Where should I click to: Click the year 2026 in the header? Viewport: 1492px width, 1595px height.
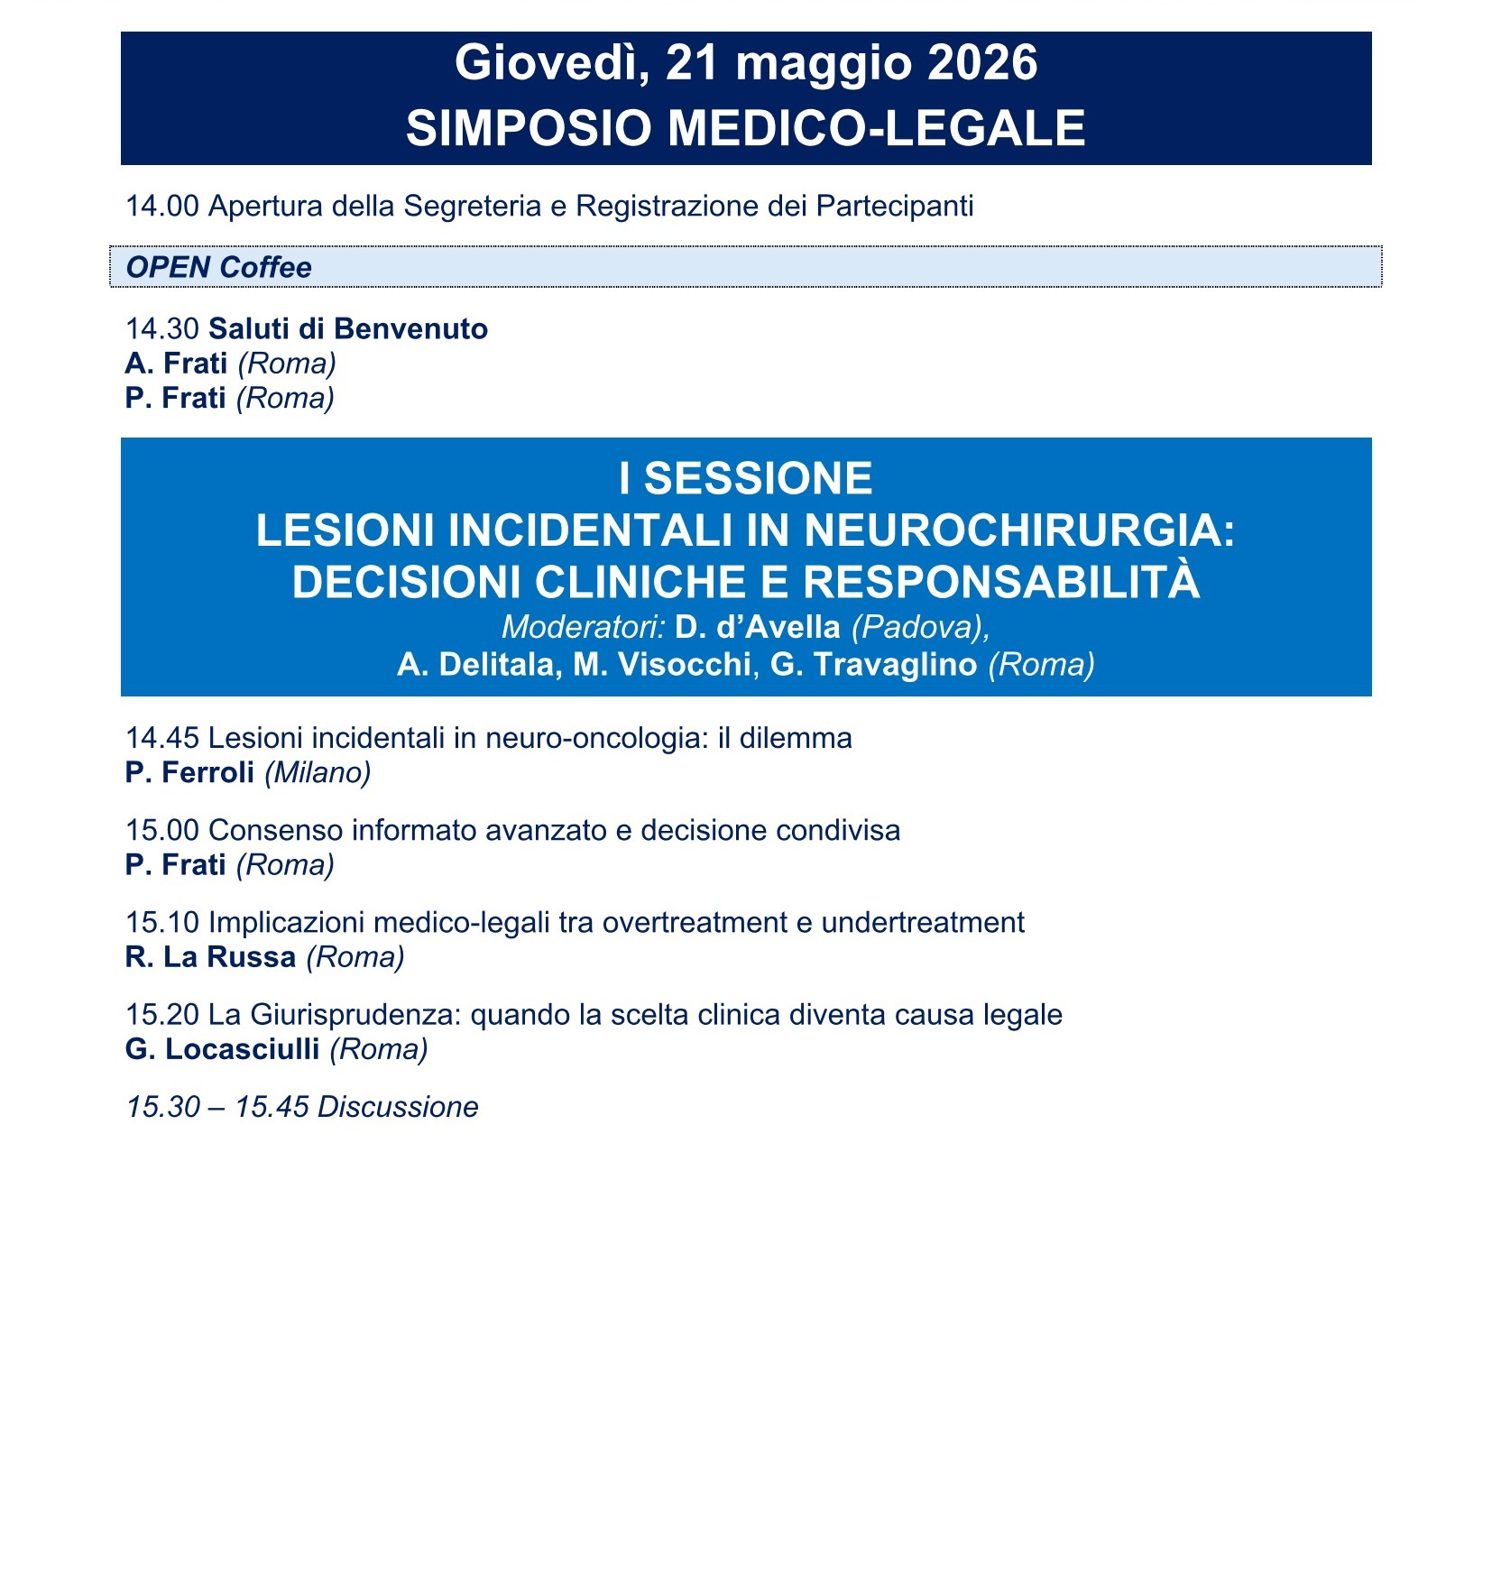click(982, 63)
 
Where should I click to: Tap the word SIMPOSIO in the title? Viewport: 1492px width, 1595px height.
click(528, 127)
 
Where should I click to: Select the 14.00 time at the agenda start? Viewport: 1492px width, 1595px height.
click(161, 206)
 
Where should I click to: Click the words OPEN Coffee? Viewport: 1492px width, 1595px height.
click(218, 267)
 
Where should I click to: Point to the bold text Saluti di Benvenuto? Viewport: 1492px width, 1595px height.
click(348, 328)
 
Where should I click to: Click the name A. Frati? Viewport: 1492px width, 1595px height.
click(176, 363)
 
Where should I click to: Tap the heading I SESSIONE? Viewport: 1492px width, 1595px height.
click(746, 478)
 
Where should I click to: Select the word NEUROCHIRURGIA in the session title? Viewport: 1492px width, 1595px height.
click(1018, 530)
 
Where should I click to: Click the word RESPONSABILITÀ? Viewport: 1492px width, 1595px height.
click(1001, 582)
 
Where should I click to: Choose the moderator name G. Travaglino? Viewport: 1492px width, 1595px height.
click(873, 665)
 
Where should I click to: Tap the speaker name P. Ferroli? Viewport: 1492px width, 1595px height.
click(189, 772)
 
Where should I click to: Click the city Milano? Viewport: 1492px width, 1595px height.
click(318, 772)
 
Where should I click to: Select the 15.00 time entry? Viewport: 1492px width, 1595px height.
click(161, 830)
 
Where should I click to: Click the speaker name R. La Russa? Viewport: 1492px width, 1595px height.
click(210, 956)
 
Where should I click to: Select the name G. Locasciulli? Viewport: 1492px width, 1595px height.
click(222, 1048)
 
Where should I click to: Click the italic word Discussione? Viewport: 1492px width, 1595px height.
click(398, 1107)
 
